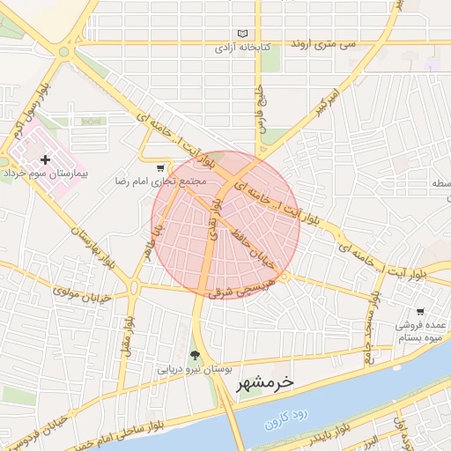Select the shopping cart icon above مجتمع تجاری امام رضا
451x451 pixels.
coord(159,167)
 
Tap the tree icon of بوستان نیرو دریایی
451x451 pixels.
coord(195,356)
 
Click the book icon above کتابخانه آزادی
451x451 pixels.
coord(244,33)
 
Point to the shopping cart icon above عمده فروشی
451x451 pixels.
coord(420,312)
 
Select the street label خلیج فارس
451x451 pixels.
coord(261,107)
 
